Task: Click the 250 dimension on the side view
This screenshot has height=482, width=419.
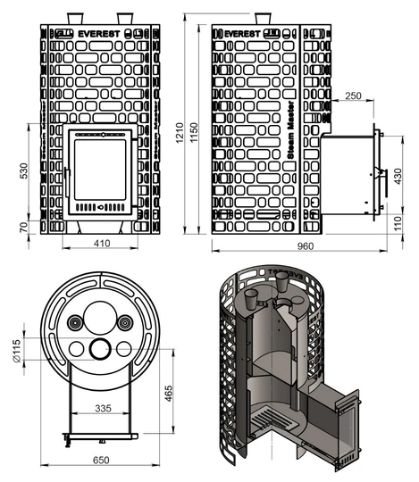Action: (352, 96)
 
